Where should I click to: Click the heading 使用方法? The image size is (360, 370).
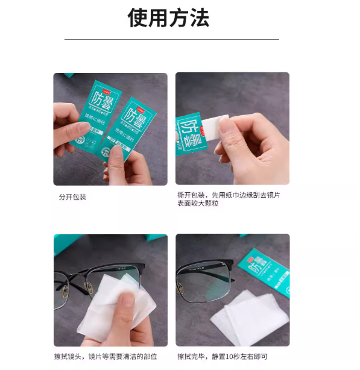click(168, 18)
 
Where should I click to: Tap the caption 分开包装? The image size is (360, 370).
click(72, 197)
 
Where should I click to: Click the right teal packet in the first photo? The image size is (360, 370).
click(134, 130)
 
